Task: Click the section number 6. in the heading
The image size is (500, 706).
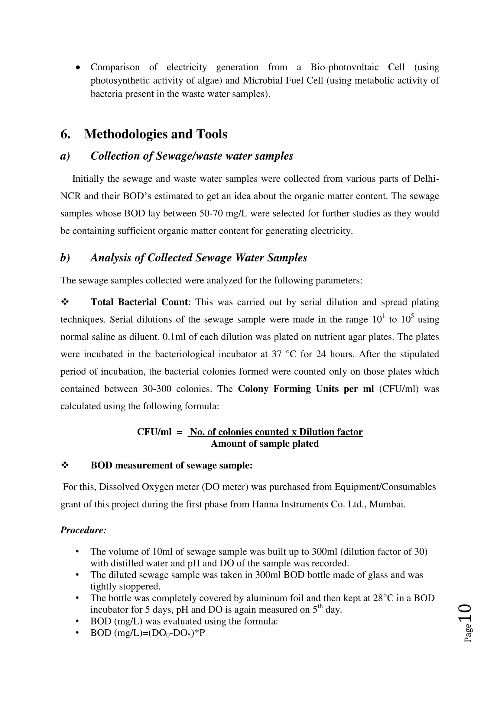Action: pyautogui.click(x=65, y=134)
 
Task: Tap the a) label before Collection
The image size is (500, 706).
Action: pyautogui.click(x=65, y=156)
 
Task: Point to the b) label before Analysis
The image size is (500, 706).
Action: pyautogui.click(x=65, y=258)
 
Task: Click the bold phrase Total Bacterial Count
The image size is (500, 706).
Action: pyautogui.click(x=139, y=302)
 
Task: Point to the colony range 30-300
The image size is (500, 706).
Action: pyautogui.click(x=157, y=389)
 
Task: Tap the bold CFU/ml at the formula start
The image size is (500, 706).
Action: pyautogui.click(x=154, y=432)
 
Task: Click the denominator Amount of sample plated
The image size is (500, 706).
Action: pyautogui.click(x=265, y=444)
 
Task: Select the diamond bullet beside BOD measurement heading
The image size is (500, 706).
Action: pyautogui.click(x=65, y=465)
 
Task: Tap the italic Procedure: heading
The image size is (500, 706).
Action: pyautogui.click(x=83, y=530)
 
